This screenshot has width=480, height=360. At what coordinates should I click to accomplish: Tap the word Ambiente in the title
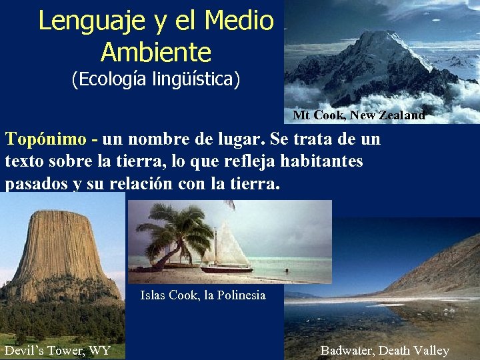tap(155, 52)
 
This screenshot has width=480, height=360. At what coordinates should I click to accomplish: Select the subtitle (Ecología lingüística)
tap(155, 81)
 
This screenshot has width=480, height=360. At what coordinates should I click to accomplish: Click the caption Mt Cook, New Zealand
tap(359, 115)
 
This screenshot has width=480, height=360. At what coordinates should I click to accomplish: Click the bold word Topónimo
tap(46, 139)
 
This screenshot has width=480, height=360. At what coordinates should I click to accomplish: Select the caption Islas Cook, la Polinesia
tap(203, 295)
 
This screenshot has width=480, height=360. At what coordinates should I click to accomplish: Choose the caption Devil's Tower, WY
tap(57, 351)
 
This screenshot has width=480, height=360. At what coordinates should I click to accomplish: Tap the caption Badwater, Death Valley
tap(385, 351)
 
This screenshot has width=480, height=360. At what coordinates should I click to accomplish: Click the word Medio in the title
tap(239, 21)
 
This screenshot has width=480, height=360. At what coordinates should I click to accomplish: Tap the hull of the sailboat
tap(227, 269)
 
